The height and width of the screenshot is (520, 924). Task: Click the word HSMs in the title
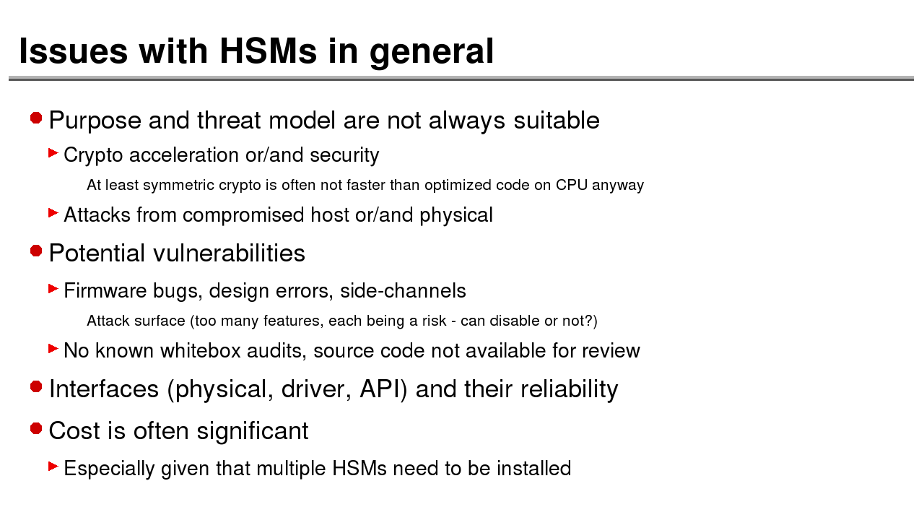(268, 51)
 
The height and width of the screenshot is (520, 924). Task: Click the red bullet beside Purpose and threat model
(36, 118)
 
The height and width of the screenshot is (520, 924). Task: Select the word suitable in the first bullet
(557, 120)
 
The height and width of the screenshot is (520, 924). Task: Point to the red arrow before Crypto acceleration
(53, 153)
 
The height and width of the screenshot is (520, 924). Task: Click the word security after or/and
(344, 155)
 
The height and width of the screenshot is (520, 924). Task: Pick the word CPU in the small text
(571, 185)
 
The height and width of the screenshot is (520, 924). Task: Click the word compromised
(243, 215)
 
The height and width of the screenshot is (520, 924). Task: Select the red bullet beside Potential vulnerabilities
(36, 251)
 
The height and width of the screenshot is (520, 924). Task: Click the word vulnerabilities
(230, 253)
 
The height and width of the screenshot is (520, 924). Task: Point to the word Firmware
(105, 290)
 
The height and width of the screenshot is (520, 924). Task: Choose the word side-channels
(403, 290)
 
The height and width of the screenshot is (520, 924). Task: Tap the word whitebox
(201, 350)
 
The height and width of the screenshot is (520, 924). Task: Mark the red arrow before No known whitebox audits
(53, 349)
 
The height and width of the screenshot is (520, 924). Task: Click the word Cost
(74, 430)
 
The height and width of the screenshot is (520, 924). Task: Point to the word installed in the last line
(533, 469)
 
